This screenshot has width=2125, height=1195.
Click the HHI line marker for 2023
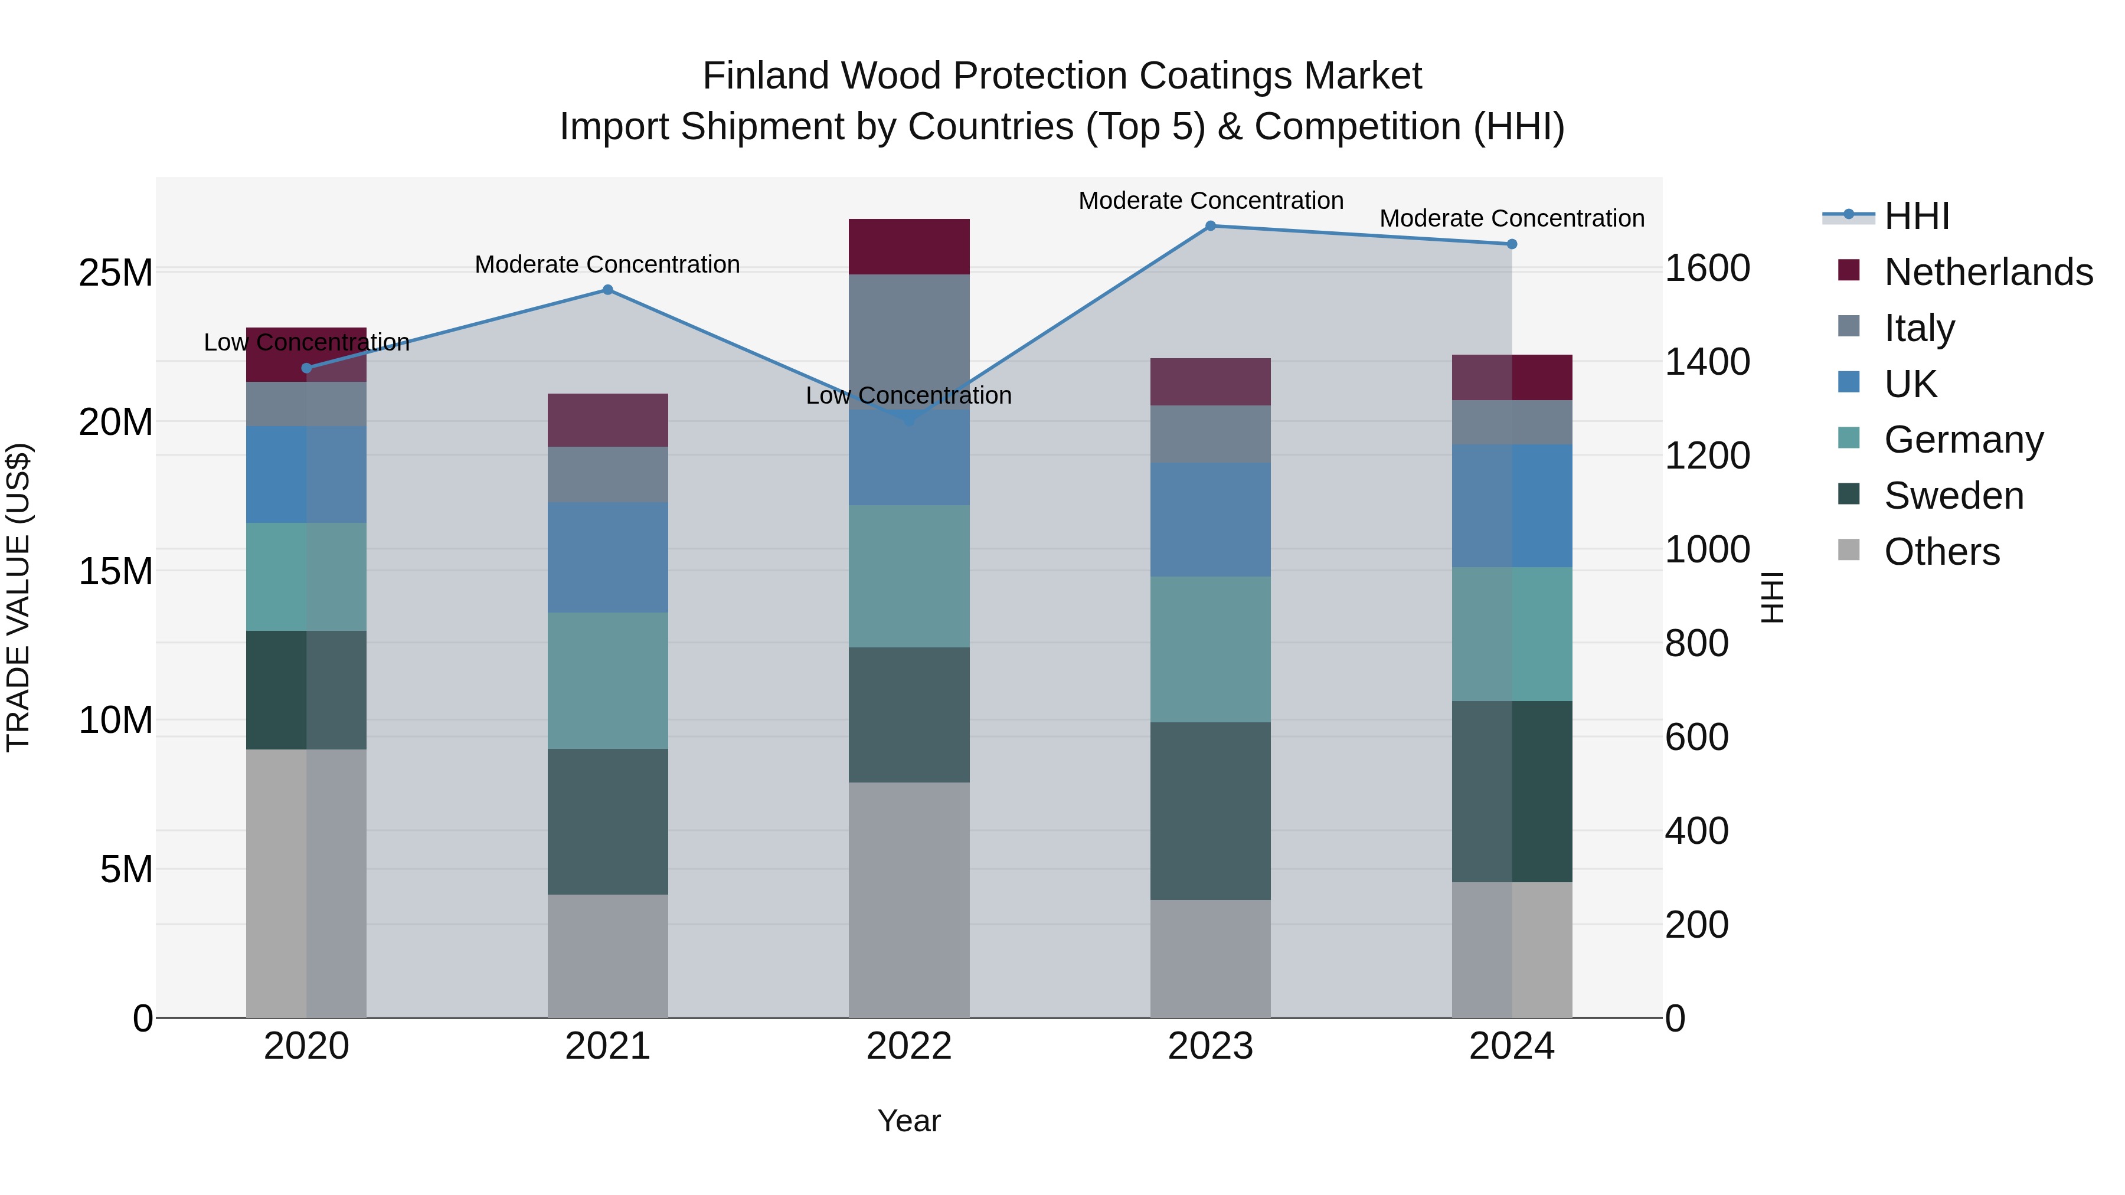pyautogui.click(x=1210, y=226)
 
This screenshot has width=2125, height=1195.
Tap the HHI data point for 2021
pyautogui.click(x=608, y=290)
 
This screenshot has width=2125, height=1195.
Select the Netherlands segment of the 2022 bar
pyautogui.click(x=909, y=247)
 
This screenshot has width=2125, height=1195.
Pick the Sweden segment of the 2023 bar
pyautogui.click(x=1210, y=811)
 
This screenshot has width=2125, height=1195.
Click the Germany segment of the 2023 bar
pyautogui.click(x=1210, y=649)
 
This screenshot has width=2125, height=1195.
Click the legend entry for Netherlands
pyautogui.click(x=1988, y=272)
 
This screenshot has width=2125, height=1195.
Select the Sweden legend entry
pyautogui.click(x=1953, y=496)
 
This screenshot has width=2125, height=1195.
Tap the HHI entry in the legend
pyautogui.click(x=1916, y=216)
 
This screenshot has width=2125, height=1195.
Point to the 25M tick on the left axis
pyautogui.click(x=116, y=272)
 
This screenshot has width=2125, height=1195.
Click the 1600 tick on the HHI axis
pyautogui.click(x=1706, y=268)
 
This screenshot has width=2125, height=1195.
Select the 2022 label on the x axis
pyautogui.click(x=909, y=1046)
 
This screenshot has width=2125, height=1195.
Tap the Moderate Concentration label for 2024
pyautogui.click(x=1511, y=218)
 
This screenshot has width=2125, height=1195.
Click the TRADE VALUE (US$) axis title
pyautogui.click(x=18, y=598)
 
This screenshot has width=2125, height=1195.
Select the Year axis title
pyautogui.click(x=909, y=1121)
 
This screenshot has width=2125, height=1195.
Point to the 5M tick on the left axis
pyautogui.click(x=126, y=869)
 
